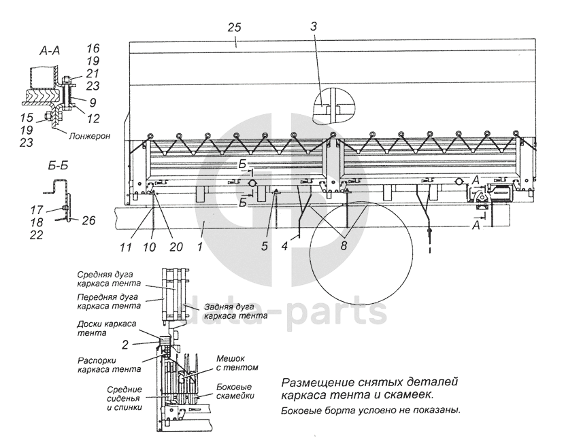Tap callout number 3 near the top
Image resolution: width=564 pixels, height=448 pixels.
coord(314,27)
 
